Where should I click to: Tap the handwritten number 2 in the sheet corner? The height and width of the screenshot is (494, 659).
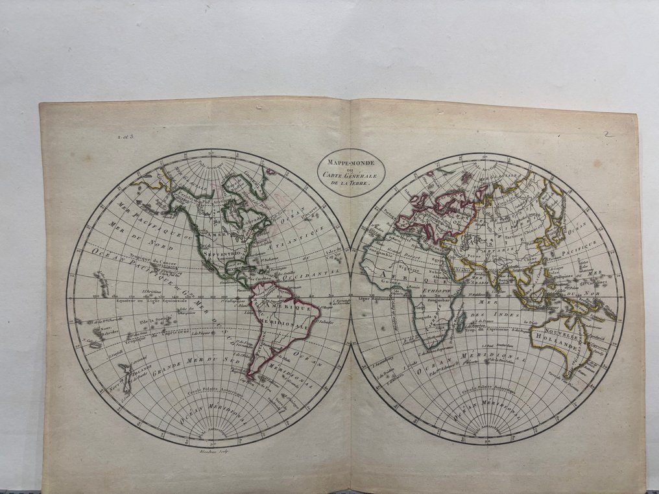(x=607, y=134)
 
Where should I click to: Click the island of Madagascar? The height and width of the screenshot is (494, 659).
(x=461, y=319)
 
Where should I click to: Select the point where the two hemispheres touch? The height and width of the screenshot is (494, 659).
(x=351, y=300)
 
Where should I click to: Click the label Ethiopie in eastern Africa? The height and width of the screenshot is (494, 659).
(x=438, y=292)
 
